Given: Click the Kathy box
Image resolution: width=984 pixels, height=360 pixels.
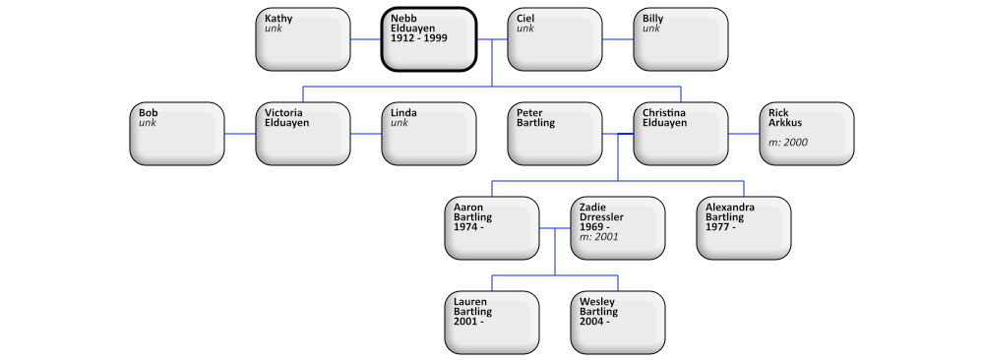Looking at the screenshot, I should pyautogui.click(x=302, y=39).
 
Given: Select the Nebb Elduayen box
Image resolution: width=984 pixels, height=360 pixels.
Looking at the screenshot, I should pyautogui.click(x=428, y=39).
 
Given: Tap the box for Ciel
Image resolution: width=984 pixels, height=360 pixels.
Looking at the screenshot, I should pyautogui.click(x=554, y=39).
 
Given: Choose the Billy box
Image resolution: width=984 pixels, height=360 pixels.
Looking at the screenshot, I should pyautogui.click(x=680, y=39).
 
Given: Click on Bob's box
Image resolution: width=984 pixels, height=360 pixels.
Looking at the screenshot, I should pyautogui.click(x=176, y=134).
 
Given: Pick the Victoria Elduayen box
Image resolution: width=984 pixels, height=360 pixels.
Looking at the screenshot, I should pyautogui.click(x=302, y=134).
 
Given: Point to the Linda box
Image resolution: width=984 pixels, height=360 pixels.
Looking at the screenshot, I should pyautogui.click(x=428, y=134).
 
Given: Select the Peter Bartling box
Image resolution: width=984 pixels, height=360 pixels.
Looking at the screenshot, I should pyautogui.click(x=554, y=134).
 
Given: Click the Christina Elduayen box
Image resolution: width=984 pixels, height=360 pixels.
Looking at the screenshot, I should pyautogui.click(x=680, y=134).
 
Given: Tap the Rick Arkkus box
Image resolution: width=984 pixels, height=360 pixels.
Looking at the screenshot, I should pyautogui.click(x=806, y=134).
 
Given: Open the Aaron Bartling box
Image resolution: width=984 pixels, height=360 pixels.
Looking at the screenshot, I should pyautogui.click(x=491, y=228).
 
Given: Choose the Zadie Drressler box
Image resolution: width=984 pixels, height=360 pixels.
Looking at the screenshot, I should pyautogui.click(x=617, y=228).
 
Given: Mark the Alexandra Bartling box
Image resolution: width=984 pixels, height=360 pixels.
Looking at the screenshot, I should pyautogui.click(x=743, y=228).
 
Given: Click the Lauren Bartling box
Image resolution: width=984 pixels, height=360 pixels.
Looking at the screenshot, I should pyautogui.click(x=491, y=323).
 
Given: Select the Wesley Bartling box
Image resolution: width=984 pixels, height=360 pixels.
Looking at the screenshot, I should pyautogui.click(x=617, y=323).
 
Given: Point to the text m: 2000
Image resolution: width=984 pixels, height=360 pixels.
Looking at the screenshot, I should pyautogui.click(x=788, y=143).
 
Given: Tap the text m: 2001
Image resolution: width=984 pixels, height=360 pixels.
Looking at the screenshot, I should pyautogui.click(x=599, y=237).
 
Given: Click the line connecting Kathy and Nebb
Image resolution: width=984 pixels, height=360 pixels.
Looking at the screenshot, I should pyautogui.click(x=366, y=39).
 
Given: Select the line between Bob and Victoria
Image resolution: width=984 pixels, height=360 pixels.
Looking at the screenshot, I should pyautogui.click(x=240, y=134).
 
